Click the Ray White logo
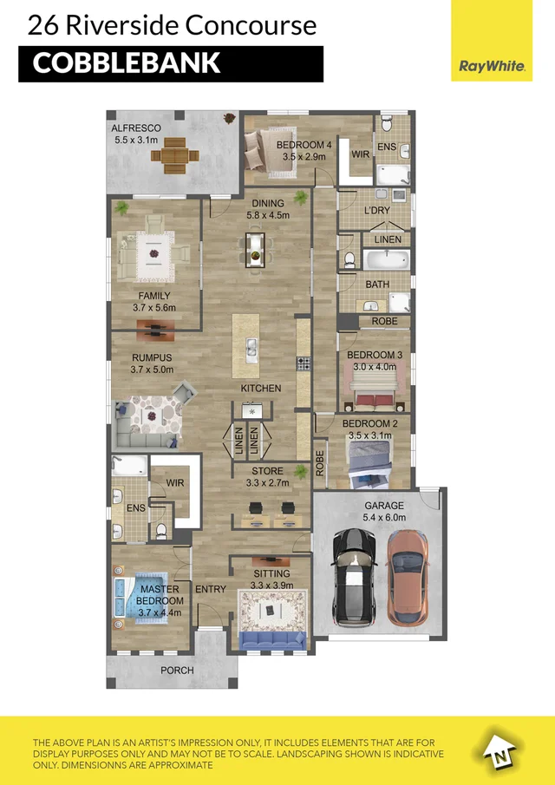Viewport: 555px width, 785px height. tap(492, 66)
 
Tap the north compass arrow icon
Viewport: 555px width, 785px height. tap(495, 750)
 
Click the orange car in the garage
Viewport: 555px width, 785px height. tap(406, 576)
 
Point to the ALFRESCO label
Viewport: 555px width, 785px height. tap(136, 128)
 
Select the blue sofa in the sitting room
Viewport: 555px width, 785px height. tap(272, 639)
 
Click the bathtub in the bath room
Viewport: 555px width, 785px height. tap(385, 259)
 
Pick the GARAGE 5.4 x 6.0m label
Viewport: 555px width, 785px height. tap(384, 512)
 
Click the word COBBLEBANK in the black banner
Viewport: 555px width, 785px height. tap(127, 64)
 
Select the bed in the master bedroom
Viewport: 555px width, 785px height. tap(134, 599)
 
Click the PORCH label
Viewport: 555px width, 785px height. tap(177, 671)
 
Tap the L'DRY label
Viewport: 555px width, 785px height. tap(376, 211)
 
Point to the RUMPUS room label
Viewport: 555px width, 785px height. tap(152, 363)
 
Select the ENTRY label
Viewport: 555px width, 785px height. tap(211, 589)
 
